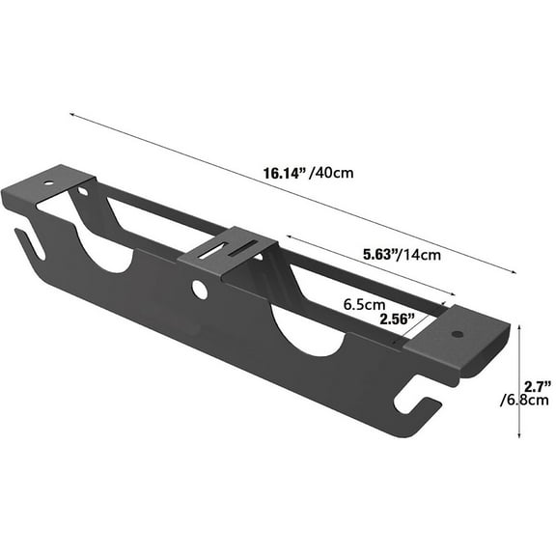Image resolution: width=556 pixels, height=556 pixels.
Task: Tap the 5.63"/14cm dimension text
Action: tap(403, 255)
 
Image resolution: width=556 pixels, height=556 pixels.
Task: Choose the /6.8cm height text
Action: tap(524, 402)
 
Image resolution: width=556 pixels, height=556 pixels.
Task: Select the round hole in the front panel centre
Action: tap(199, 289)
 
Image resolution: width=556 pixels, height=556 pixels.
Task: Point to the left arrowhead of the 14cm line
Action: tap(287, 238)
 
